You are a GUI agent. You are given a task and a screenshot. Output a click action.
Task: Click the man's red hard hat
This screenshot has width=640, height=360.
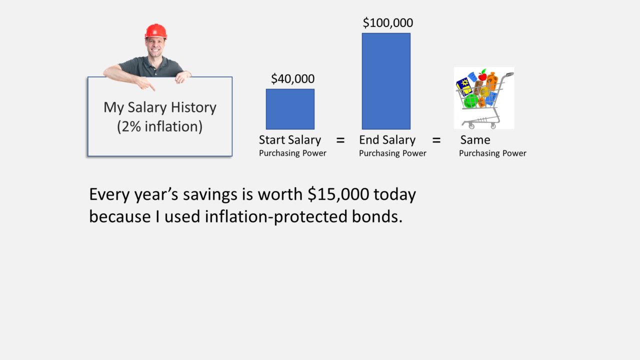155,31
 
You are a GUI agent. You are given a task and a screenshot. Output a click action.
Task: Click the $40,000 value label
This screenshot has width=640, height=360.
292,78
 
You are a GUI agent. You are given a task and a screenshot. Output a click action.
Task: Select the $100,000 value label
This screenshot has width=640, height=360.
387,22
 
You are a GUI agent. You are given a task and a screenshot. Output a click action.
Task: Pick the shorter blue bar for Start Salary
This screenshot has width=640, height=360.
290,109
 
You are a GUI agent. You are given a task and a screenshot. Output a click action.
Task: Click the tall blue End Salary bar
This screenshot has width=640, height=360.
386,81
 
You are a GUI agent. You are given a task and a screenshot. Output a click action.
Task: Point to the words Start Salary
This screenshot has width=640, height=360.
290,140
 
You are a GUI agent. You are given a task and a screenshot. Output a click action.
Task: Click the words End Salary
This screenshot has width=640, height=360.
387,140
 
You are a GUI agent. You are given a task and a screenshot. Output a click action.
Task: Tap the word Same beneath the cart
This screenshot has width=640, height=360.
475,140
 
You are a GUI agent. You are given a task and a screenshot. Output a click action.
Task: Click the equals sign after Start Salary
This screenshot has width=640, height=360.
340,140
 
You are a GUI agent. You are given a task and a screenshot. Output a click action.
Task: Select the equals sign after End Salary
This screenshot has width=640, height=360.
436,140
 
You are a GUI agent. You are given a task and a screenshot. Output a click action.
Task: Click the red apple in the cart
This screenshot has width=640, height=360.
482,76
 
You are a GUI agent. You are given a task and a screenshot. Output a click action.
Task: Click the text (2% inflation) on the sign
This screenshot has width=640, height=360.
159,126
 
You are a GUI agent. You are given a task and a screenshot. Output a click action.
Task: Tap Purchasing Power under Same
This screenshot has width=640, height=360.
492,153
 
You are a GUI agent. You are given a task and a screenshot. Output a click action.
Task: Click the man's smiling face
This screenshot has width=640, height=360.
155,47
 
